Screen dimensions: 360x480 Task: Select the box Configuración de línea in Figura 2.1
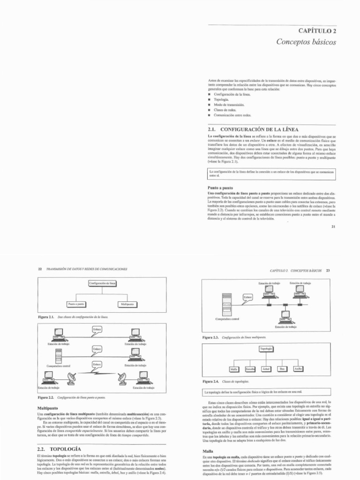pyautogui.click(x=102, y=283)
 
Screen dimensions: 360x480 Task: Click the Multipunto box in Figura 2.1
pyautogui.click(x=127, y=304)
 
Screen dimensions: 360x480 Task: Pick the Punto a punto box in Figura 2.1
pyautogui.click(x=76, y=304)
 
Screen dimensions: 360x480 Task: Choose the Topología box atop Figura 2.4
pyautogui.click(x=265, y=349)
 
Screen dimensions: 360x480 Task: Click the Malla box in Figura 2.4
pyautogui.click(x=234, y=369)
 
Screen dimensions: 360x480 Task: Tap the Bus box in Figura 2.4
pyautogui.click(x=282, y=369)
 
